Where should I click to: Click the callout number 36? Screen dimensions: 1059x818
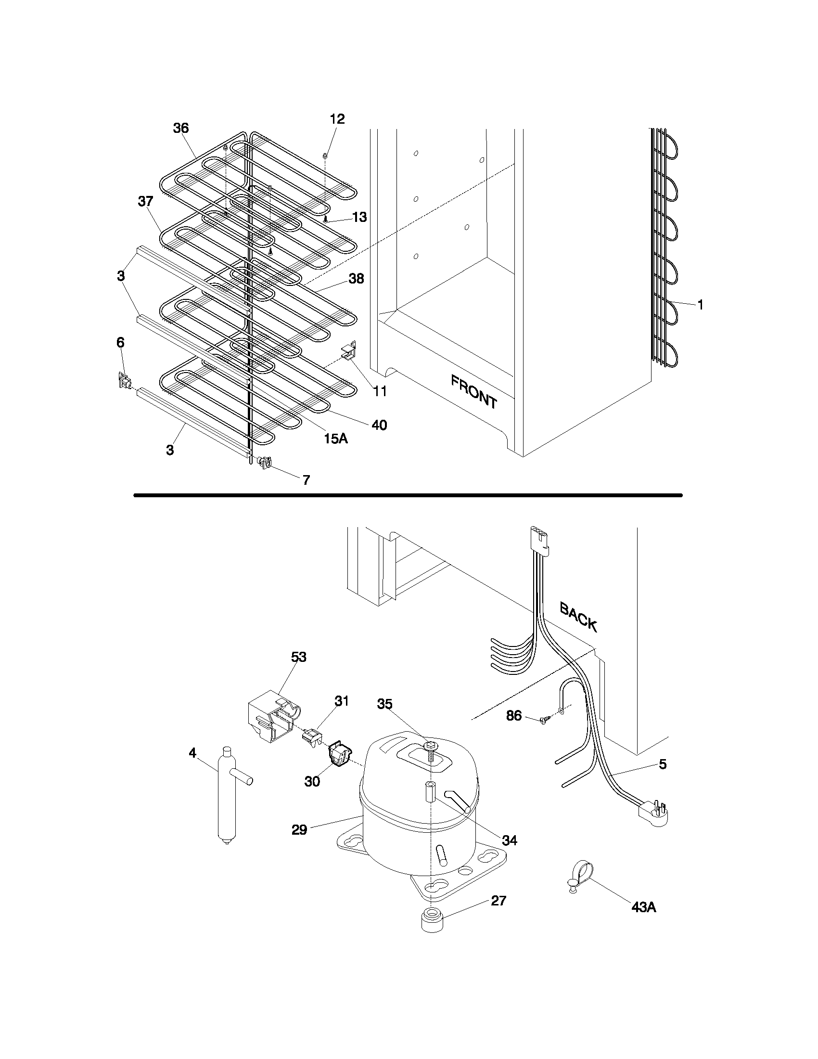181,128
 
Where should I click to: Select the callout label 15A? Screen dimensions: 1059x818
336,439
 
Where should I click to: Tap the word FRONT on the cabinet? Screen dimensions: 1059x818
474,391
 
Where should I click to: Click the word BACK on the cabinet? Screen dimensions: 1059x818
578,616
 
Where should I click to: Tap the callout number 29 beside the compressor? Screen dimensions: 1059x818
299,830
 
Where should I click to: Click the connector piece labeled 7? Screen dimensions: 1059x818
264,462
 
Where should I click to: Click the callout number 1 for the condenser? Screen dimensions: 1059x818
700,305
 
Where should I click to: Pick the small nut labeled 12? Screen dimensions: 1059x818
325,155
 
